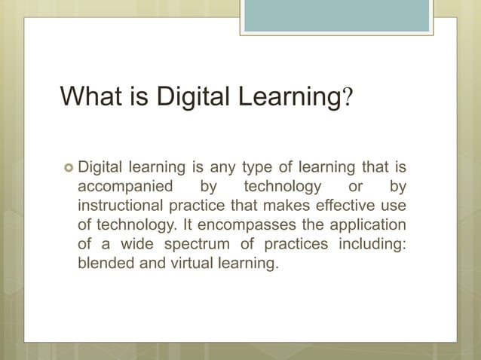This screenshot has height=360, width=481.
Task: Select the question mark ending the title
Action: tap(348, 98)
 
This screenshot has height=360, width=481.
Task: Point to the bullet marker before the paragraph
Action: tap(66, 165)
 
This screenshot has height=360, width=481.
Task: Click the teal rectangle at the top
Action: tap(336, 16)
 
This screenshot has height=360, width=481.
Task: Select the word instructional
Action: tap(118, 206)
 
